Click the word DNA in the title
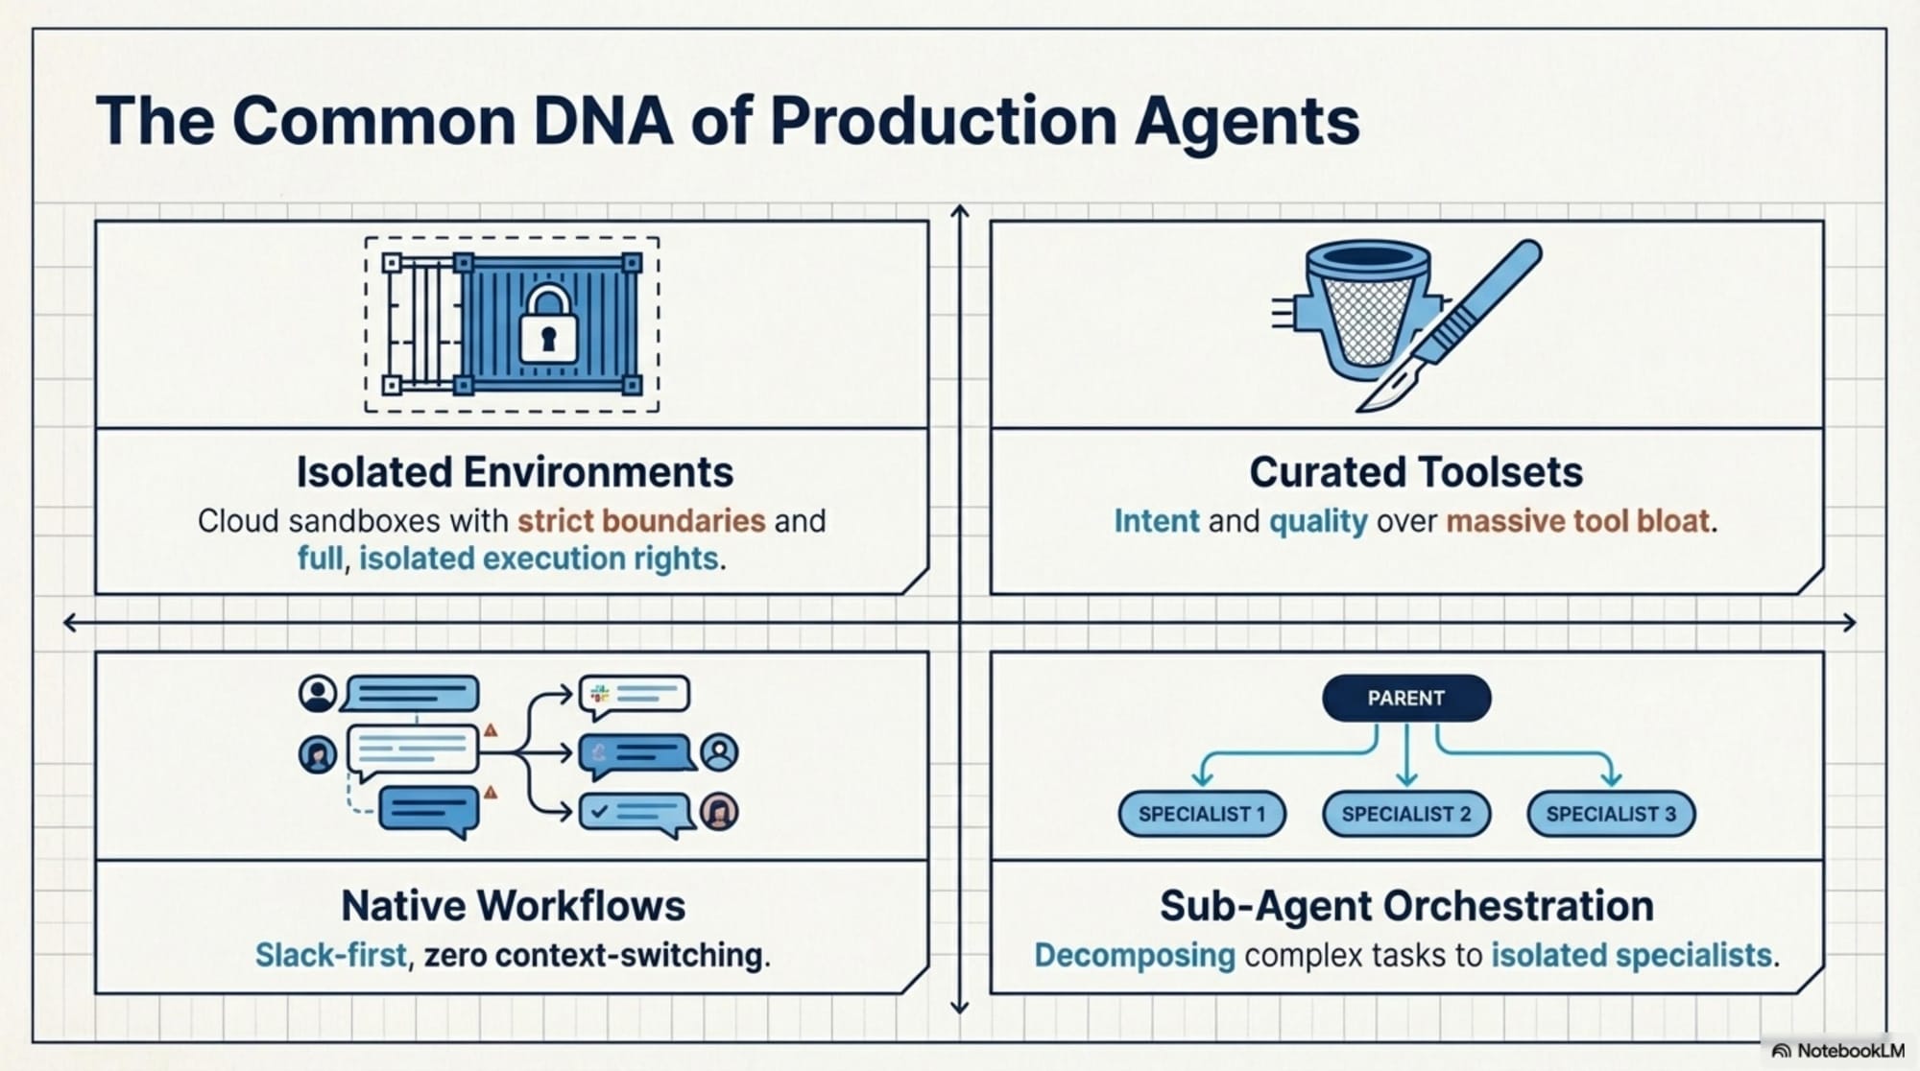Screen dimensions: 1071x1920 pos(602,122)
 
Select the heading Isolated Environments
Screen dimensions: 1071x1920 pos(515,472)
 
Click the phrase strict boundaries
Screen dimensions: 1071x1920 pos(641,521)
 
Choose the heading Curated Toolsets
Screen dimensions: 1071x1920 pos(1416,472)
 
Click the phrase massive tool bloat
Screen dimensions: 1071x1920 pos(1579,521)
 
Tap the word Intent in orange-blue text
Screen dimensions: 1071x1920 pos(1157,521)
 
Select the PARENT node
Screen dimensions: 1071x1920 pos(1406,698)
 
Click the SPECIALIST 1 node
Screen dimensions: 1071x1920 pos(1202,814)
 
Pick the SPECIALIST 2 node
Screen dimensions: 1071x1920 pos(1406,814)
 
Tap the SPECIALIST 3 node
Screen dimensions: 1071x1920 pos(1611,814)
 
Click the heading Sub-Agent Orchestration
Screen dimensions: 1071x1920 pos(1406,906)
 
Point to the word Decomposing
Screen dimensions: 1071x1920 pos(1135,956)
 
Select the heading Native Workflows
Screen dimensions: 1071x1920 pos(514,906)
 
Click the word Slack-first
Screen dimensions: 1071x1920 pos(331,956)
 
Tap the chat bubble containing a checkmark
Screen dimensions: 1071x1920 pos(634,813)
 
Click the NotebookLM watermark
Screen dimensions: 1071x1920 pos(1838,1051)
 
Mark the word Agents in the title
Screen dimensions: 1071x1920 pos(1246,122)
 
